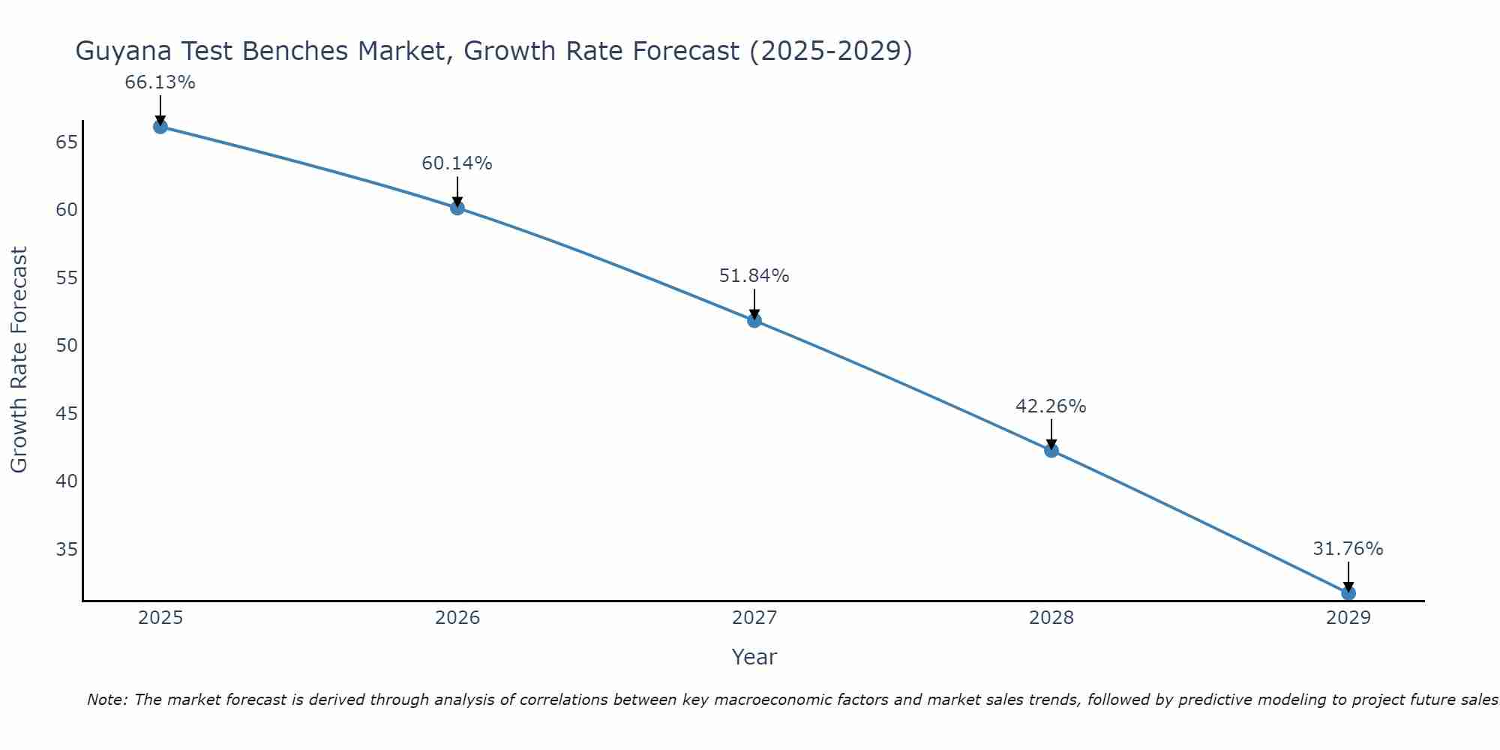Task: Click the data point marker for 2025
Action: click(x=160, y=127)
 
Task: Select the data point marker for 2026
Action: click(x=457, y=208)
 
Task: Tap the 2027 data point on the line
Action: click(x=754, y=320)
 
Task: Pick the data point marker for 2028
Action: click(x=1051, y=450)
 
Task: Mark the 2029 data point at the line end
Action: click(x=1348, y=592)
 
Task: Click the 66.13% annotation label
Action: click(x=160, y=82)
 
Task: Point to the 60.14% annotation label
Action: click(x=457, y=163)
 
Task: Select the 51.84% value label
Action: click(x=754, y=276)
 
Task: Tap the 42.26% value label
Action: click(x=1051, y=406)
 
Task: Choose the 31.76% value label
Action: click(x=1348, y=549)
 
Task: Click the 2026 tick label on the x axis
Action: click(x=457, y=618)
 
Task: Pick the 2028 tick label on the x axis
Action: click(x=1051, y=618)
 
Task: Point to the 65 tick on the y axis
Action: click(x=67, y=142)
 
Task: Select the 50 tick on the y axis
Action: click(x=67, y=346)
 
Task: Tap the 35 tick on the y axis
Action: click(x=67, y=550)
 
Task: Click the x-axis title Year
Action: click(x=754, y=657)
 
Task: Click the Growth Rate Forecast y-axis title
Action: click(x=19, y=360)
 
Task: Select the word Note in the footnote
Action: click(x=107, y=700)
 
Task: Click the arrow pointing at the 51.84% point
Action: click(x=754, y=304)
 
